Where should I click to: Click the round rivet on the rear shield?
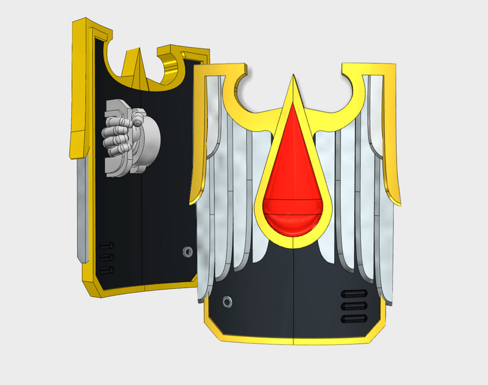[187, 251]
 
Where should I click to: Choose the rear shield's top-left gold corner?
[78, 24]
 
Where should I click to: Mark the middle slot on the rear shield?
[107, 257]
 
